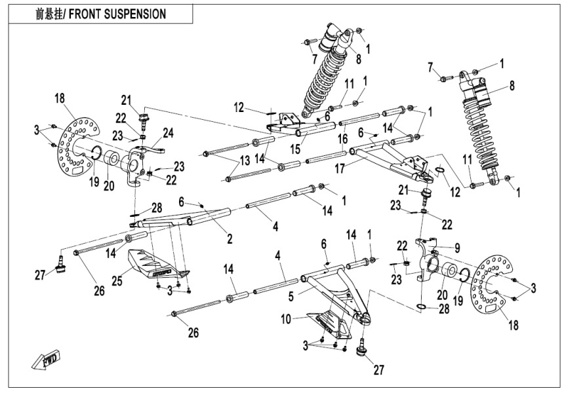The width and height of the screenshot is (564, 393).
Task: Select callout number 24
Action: click(x=168, y=134)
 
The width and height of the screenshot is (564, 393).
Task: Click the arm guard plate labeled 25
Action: click(x=157, y=261)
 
